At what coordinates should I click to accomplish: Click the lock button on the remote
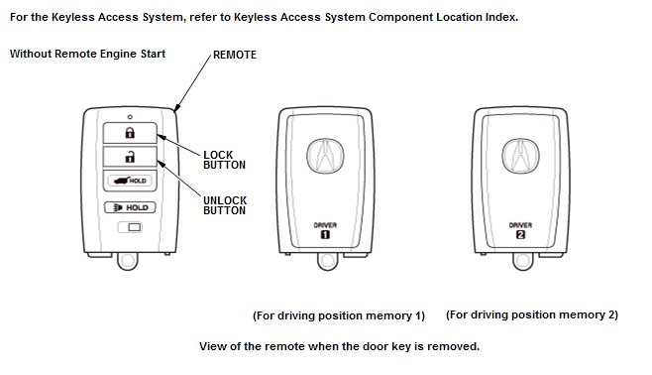(x=130, y=133)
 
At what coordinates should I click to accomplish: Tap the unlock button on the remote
(x=130, y=157)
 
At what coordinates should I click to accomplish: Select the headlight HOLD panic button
(x=130, y=207)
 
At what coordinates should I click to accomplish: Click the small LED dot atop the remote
(x=130, y=117)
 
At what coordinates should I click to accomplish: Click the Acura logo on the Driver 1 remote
(x=325, y=156)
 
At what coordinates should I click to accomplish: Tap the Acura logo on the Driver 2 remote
(x=520, y=156)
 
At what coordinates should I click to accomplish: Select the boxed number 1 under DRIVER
(x=325, y=235)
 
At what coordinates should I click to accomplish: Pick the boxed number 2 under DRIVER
(x=520, y=235)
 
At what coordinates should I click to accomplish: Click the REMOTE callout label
(x=235, y=55)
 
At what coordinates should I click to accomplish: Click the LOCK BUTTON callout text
(x=224, y=160)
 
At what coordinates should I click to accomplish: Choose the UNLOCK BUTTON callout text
(x=225, y=205)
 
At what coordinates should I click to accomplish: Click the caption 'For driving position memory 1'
(x=339, y=315)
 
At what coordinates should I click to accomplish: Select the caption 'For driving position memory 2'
(x=532, y=315)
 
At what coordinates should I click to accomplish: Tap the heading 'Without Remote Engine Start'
(x=88, y=54)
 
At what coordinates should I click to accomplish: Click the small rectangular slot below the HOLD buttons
(x=130, y=227)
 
